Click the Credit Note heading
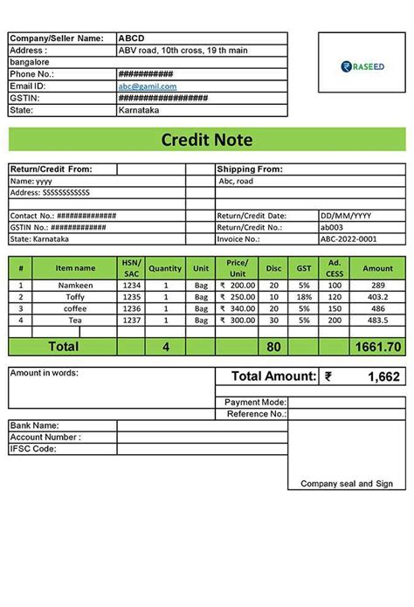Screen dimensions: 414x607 point(207,140)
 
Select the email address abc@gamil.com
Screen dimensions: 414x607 point(148,86)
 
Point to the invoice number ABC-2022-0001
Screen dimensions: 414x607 point(348,238)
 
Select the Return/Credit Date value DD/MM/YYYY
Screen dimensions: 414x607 point(346,215)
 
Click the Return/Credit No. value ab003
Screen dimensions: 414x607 point(333,226)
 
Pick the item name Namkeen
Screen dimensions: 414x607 point(75,286)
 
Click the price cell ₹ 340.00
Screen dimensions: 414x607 point(237,308)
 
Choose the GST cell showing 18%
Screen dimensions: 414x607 point(304,297)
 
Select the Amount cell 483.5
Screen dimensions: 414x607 point(378,320)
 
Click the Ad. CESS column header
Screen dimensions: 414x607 point(335,268)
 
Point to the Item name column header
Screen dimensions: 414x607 point(76,268)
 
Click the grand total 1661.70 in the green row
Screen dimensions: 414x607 point(377,347)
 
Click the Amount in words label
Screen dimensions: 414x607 point(45,373)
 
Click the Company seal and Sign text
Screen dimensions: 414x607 point(347,483)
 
